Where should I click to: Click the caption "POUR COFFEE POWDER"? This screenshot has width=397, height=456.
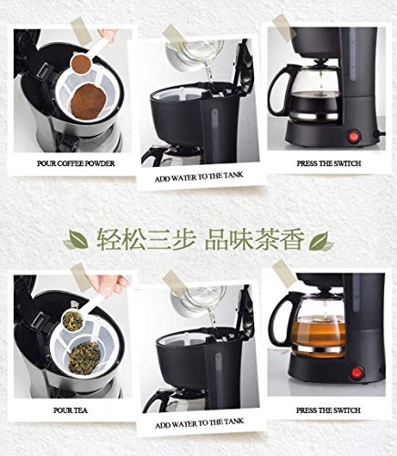pyautogui.click(x=76, y=163)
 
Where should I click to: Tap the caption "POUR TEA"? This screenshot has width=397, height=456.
pyautogui.click(x=70, y=410)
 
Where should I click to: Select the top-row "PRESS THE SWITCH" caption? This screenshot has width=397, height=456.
pyautogui.click(x=329, y=163)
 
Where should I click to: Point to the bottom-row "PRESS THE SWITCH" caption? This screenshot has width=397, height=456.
pyautogui.click(x=329, y=410)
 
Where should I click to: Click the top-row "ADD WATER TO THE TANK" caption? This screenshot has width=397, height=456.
pyautogui.click(x=199, y=177)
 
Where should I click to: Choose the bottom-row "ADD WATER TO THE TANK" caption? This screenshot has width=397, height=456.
pyautogui.click(x=199, y=423)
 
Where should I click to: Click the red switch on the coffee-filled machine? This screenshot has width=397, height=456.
pyautogui.click(x=354, y=137)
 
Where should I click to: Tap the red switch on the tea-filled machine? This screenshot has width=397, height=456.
pyautogui.click(x=357, y=373)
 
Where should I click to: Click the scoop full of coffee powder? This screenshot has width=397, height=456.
pyautogui.click(x=81, y=63)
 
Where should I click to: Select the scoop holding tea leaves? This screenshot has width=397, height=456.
pyautogui.click(x=73, y=321)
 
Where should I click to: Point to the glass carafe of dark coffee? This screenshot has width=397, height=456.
pyautogui.click(x=312, y=93)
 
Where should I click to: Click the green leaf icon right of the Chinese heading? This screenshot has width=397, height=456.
pyautogui.click(x=321, y=241)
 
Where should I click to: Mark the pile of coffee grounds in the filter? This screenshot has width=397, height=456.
pyautogui.click(x=88, y=101)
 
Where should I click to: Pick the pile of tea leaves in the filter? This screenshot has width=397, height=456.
pyautogui.click(x=85, y=358)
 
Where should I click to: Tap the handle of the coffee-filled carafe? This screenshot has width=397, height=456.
pyautogui.click(x=278, y=89)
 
